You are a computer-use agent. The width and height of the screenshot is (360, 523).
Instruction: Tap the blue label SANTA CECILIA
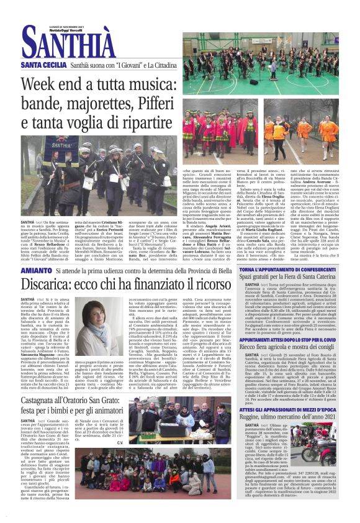pyautogui.click(x=43, y=65)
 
